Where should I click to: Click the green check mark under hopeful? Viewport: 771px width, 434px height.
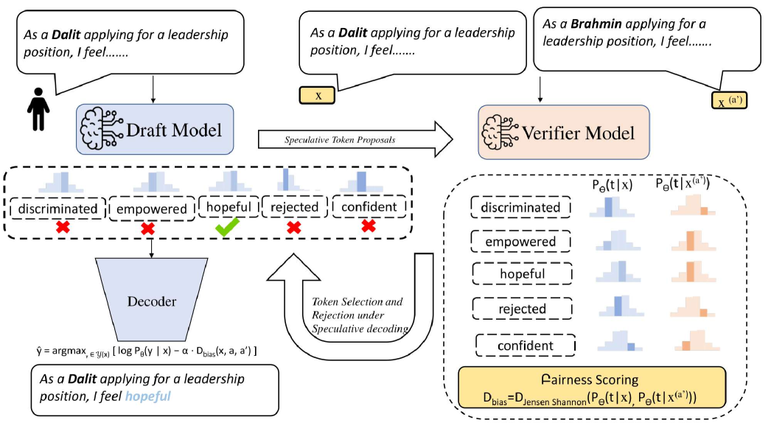pyautogui.click(x=229, y=229)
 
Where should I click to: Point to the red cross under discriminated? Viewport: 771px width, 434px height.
pyautogui.click(x=62, y=228)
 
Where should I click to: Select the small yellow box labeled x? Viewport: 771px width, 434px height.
pyautogui.click(x=318, y=95)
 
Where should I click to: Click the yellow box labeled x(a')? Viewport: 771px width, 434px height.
pyautogui.click(x=728, y=100)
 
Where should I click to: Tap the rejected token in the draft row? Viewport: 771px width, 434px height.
pyautogui.click(x=293, y=208)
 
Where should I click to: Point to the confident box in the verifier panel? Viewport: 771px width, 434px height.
pyautogui.click(x=525, y=345)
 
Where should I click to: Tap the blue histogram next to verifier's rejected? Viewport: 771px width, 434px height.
pyautogui.click(x=617, y=305)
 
